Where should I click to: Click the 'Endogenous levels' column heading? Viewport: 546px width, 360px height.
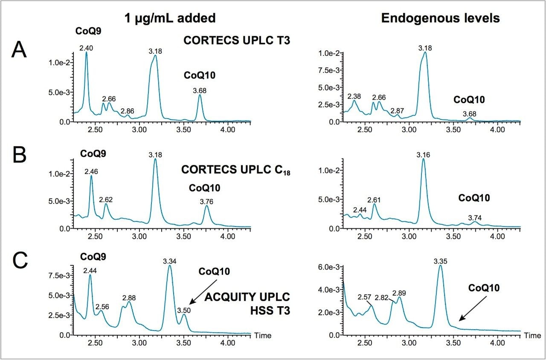pyautogui.click(x=440, y=18)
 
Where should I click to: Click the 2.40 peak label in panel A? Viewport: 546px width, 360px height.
pyautogui.click(x=86, y=48)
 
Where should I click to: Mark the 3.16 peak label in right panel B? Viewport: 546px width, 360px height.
pyautogui.click(x=423, y=155)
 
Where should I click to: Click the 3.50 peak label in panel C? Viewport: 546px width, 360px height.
pyautogui.click(x=184, y=311)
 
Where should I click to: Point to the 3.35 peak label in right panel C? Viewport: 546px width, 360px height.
pyautogui.click(x=441, y=261)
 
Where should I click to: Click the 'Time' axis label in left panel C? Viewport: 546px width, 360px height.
pyautogui.click(x=263, y=336)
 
